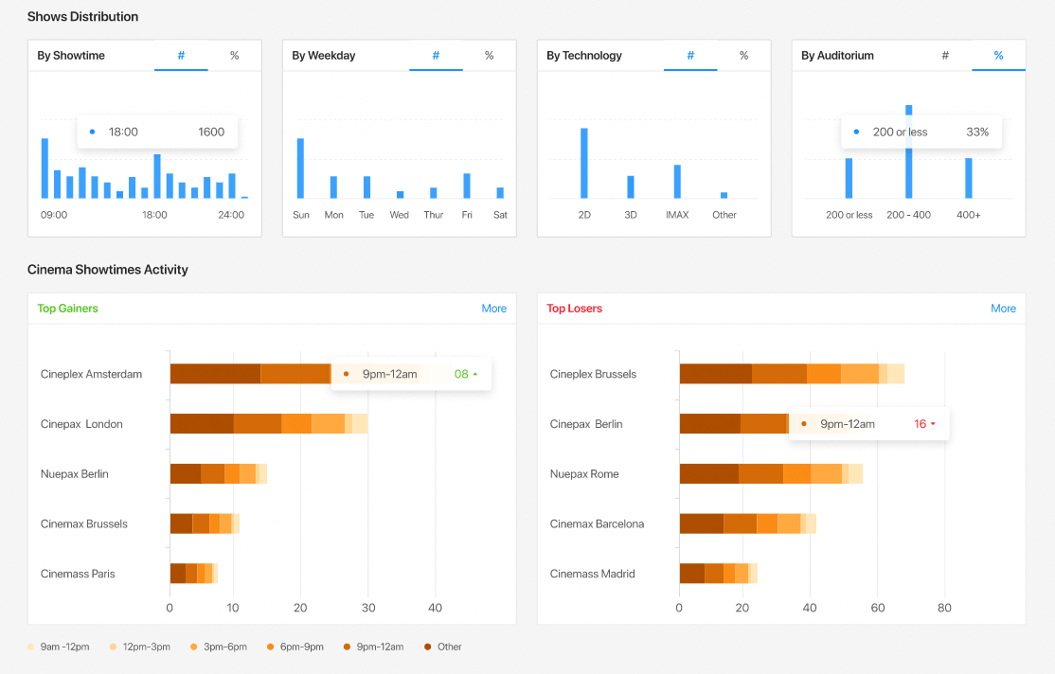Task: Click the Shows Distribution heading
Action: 82,17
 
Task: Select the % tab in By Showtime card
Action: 234,56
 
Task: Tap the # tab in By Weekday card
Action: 436,56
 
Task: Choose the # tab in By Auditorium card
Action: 944,56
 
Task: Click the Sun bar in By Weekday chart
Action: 300,168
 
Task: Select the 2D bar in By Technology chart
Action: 584,163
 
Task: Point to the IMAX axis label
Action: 677,215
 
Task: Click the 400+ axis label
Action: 969,215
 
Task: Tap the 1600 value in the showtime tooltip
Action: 211,133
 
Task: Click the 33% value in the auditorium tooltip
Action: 976,133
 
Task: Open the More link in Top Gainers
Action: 493,309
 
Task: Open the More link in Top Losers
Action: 1003,309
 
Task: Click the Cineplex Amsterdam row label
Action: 91,374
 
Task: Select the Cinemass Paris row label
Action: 78,574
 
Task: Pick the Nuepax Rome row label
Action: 584,474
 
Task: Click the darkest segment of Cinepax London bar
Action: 201,424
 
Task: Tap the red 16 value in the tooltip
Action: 920,424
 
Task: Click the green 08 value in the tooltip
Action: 461,374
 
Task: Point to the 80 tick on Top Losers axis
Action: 943,608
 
